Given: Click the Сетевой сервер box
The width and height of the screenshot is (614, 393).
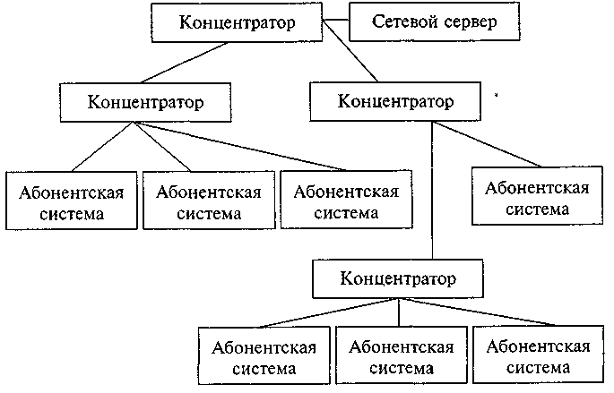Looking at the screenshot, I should (x=436, y=21).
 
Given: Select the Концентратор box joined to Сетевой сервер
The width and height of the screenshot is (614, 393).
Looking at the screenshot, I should (x=238, y=21).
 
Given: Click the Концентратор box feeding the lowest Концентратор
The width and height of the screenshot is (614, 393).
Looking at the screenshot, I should (x=394, y=99).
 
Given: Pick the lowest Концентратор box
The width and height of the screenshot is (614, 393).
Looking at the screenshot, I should (x=399, y=278).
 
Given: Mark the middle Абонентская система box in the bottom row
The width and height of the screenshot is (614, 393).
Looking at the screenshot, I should (x=399, y=355).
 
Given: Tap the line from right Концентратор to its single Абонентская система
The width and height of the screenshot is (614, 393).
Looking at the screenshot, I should (x=489, y=142).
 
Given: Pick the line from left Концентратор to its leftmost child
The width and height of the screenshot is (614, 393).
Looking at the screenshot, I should (x=103, y=145).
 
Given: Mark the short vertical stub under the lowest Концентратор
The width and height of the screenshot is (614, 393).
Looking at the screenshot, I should (x=399, y=311).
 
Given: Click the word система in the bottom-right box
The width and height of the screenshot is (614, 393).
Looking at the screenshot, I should (x=537, y=368).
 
